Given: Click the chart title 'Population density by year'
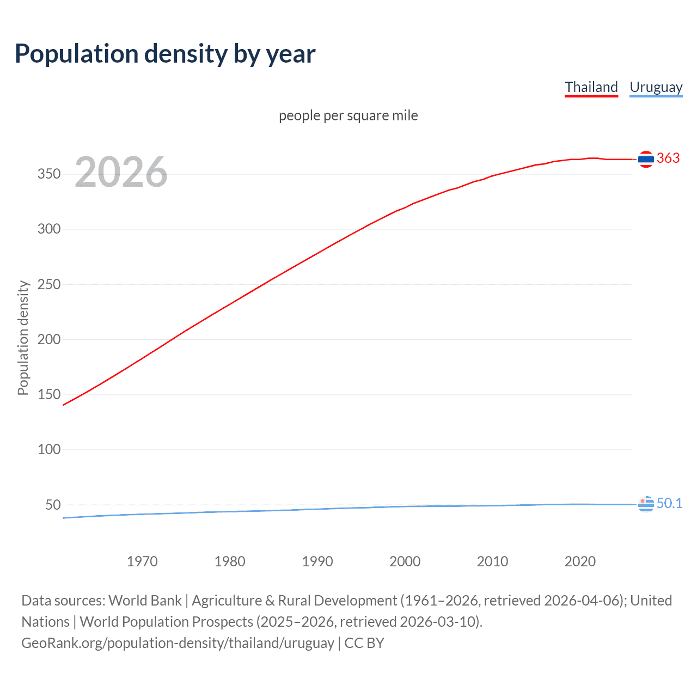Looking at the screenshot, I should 165,54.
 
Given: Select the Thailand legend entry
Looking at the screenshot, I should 591,87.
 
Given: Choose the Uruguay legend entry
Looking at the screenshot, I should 656,87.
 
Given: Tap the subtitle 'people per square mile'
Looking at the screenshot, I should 348,115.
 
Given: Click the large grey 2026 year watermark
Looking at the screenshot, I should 121,172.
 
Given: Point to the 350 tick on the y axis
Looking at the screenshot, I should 48,174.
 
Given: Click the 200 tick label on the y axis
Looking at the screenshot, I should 48,339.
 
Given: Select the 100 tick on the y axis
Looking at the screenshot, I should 48,450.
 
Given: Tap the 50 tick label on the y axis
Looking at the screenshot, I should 53,505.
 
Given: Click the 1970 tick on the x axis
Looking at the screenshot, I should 142,561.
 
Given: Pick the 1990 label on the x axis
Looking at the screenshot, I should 317,561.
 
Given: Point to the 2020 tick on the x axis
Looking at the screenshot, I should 580,561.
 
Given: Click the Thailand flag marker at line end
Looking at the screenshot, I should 646,159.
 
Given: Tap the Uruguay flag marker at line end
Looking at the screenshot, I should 646,504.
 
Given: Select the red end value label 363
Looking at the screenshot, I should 668,158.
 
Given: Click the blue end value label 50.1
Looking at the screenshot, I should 669,504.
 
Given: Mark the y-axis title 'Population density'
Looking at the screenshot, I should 23,338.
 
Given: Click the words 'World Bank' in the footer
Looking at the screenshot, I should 145,601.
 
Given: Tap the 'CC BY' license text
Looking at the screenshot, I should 364,643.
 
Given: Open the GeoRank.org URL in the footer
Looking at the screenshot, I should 178,643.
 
